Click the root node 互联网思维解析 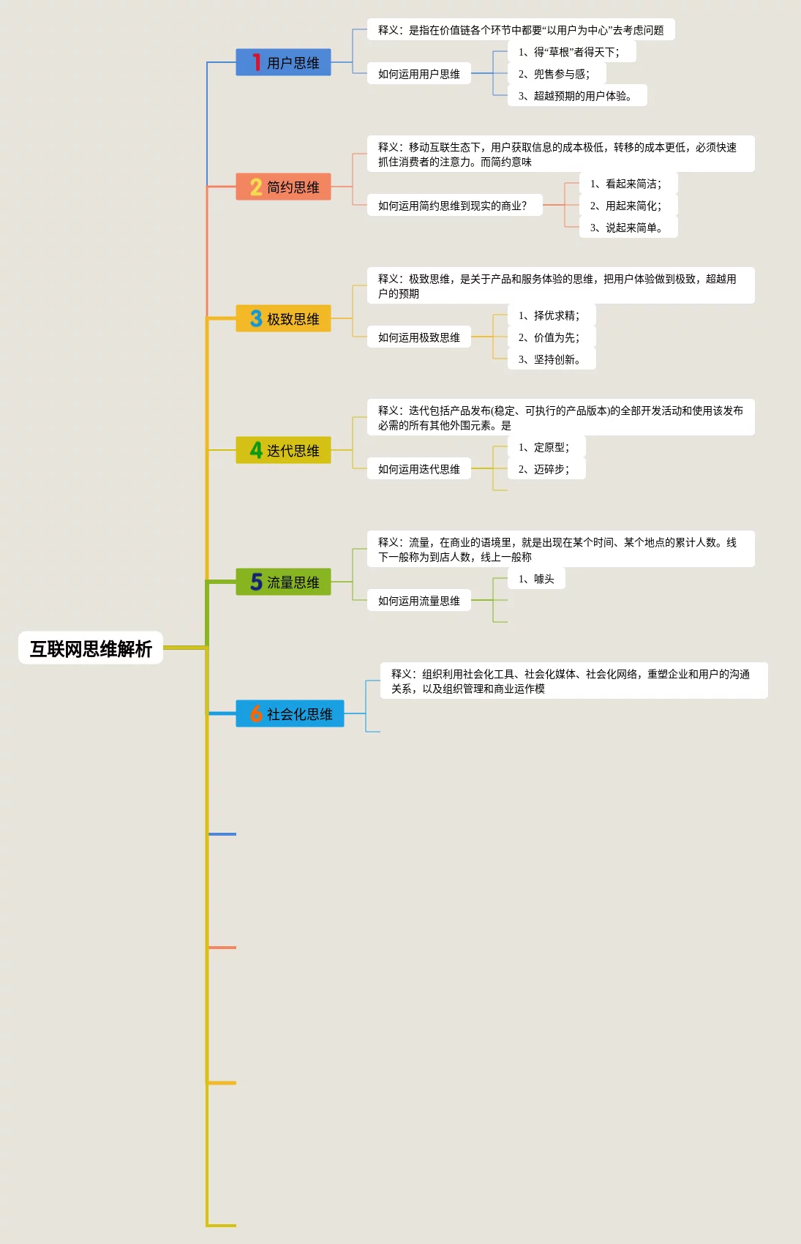pos(91,648)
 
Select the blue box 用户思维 pos(283,63)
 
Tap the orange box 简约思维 pos(283,187)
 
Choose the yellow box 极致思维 pos(283,319)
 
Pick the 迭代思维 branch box pos(283,451)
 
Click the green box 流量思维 pos(283,582)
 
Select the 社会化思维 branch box pos(290,714)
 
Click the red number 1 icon pos(256,63)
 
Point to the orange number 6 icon pos(256,714)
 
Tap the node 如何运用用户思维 pos(419,74)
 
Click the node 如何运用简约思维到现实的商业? pos(454,206)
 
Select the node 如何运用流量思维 pos(419,601)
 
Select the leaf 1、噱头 pos(536,579)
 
